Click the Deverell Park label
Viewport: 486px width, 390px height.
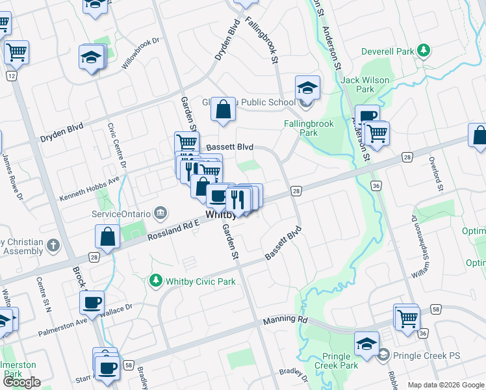point(389,51)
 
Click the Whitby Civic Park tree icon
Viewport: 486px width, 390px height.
point(155,281)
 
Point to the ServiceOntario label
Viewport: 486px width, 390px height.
point(120,213)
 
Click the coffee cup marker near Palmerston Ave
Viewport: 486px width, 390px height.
point(92,302)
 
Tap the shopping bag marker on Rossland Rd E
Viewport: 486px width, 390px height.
point(107,238)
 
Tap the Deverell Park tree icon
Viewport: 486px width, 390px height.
point(424,50)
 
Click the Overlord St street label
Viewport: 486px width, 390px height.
point(440,178)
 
